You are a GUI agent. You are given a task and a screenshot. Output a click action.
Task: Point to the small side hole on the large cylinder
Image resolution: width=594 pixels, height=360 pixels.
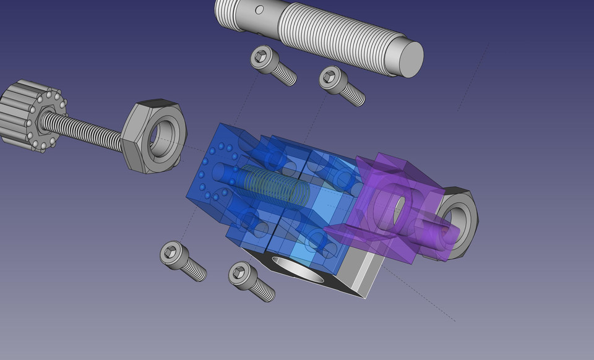coord(259,10)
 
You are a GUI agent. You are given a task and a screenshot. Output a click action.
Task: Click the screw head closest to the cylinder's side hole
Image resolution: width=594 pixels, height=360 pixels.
coord(264,58)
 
